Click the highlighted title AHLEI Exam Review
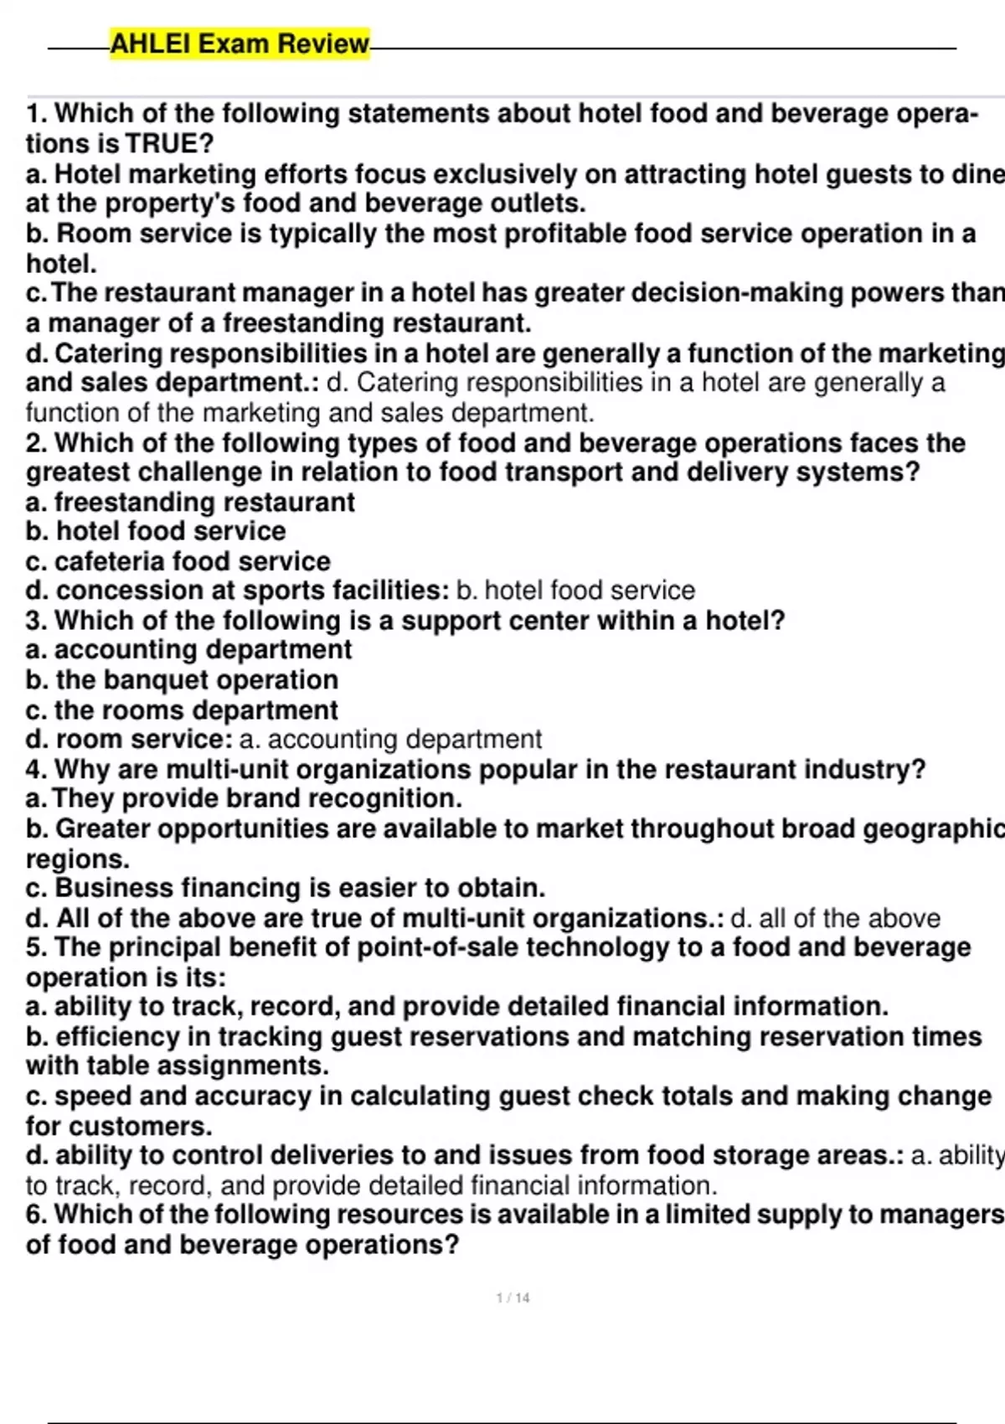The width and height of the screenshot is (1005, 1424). click(x=240, y=44)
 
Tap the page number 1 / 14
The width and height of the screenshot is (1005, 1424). click(x=513, y=1298)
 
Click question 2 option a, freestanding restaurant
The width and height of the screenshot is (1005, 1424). click(x=191, y=502)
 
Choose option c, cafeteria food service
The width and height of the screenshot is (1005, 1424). click(x=178, y=561)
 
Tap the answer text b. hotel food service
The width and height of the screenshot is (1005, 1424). click(x=575, y=591)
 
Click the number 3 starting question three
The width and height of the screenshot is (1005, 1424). click(x=33, y=621)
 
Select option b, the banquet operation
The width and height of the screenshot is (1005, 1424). click(x=182, y=680)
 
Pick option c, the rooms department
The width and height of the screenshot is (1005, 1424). click(x=182, y=709)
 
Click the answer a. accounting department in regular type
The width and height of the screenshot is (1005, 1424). click(x=390, y=740)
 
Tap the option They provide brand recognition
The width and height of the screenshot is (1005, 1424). click(x=244, y=798)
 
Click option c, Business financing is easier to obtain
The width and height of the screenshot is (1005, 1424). click(x=286, y=888)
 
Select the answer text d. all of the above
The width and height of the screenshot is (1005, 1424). click(x=835, y=918)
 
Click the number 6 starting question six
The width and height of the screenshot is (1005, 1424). click(x=33, y=1215)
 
